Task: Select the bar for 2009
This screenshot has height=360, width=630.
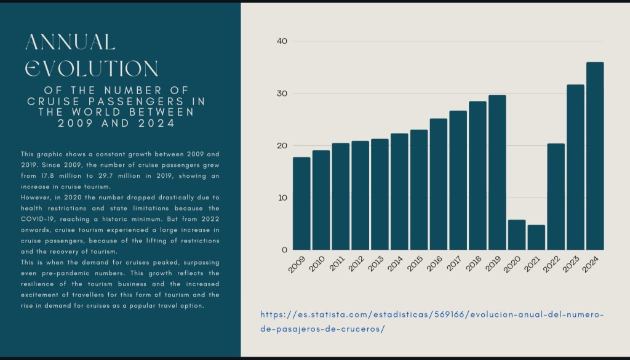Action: pyautogui.click(x=301, y=204)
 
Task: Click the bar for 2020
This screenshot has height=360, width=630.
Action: pyautogui.click(x=516, y=234)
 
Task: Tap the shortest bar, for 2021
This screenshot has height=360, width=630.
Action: pyautogui.click(x=536, y=237)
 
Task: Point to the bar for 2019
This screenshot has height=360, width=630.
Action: pyautogui.click(x=497, y=172)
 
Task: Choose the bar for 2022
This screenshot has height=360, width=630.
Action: pyautogui.click(x=556, y=196)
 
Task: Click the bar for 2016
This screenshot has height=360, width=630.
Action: pyautogui.click(x=438, y=184)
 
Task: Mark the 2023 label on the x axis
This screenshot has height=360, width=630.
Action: pyautogui.click(x=576, y=264)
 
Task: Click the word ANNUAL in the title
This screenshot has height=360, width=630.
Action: pyautogui.click(x=70, y=42)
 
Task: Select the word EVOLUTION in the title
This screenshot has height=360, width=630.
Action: pyautogui.click(x=91, y=68)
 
